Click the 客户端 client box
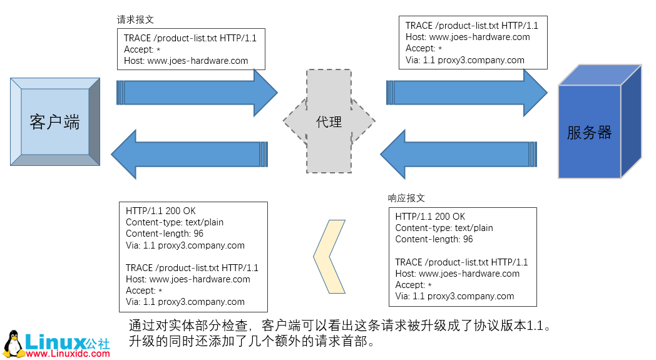(54, 121)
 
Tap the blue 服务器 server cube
(589, 132)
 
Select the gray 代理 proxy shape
(329, 121)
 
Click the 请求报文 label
(135, 19)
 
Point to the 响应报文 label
(406, 198)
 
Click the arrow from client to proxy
(197, 92)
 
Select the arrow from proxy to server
(466, 93)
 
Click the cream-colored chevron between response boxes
(329, 256)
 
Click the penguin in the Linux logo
(13, 344)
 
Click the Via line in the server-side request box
(464, 60)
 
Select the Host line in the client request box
(186, 61)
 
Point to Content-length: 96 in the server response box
(434, 239)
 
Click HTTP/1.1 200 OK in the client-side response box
(160, 211)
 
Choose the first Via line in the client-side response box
(185, 245)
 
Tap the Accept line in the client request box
(143, 49)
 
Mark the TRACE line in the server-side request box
(471, 26)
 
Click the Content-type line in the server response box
(444, 228)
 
